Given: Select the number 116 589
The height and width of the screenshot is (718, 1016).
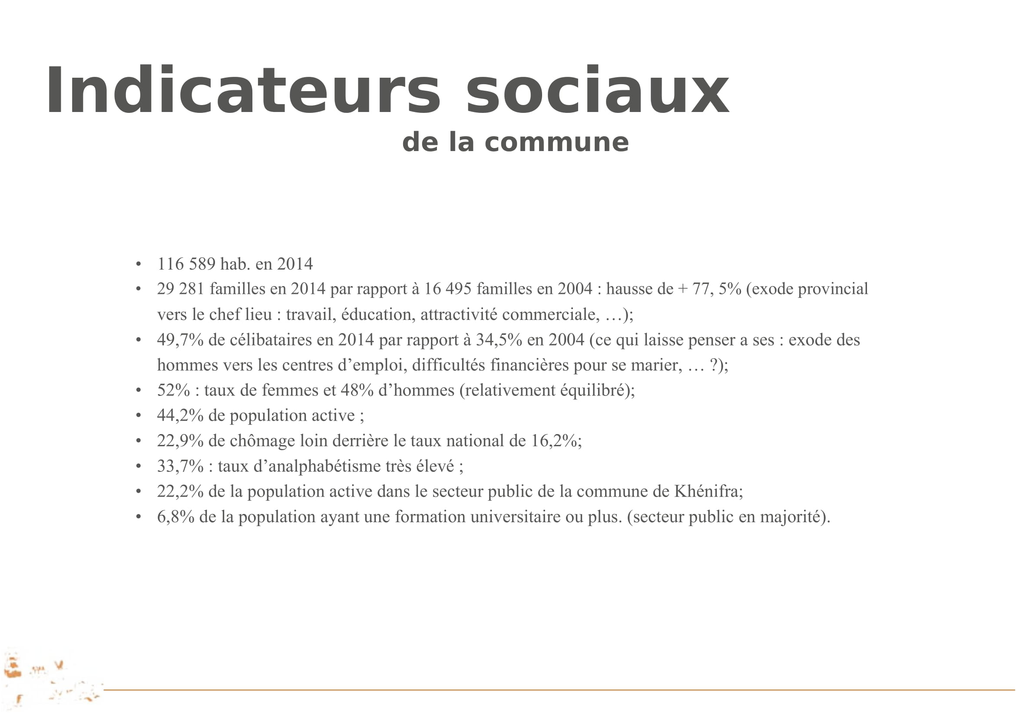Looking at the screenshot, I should pyautogui.click(x=186, y=264).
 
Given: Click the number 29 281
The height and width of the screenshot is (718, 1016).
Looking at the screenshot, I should pyautogui.click(x=181, y=289).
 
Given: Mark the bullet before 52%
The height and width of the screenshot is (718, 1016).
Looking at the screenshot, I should pyautogui.click(x=139, y=390).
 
